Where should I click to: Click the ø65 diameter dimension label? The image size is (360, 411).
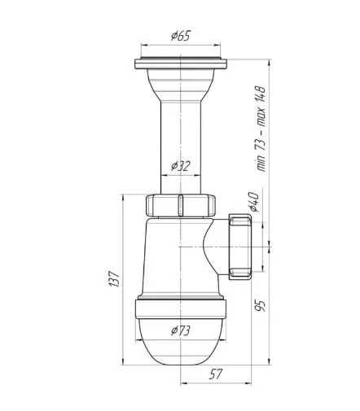(181, 36)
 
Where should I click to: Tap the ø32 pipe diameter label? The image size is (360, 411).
(181, 166)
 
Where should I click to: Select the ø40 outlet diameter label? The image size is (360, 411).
(254, 202)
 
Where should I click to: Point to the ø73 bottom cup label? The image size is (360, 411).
(181, 330)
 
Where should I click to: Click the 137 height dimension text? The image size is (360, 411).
(114, 278)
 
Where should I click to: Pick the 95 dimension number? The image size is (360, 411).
(260, 306)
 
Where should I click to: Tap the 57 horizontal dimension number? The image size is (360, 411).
(216, 374)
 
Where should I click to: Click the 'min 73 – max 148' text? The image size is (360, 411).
(261, 129)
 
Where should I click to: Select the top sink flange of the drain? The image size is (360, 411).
(181, 63)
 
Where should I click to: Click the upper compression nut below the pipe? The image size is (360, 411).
(181, 205)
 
